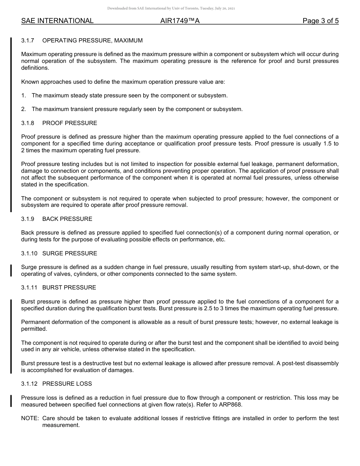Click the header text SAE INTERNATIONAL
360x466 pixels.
point(57,21)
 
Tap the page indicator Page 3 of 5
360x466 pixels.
point(320,21)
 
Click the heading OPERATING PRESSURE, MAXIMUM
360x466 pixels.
point(92,41)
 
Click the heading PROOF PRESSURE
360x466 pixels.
point(70,123)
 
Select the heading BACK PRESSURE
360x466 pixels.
point(67,219)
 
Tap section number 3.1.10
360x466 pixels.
point(29,253)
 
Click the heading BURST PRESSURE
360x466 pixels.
point(69,288)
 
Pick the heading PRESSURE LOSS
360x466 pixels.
point(67,384)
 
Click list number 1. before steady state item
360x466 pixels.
point(24,95)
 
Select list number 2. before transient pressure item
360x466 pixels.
point(24,109)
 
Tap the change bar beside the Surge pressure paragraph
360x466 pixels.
point(11,271)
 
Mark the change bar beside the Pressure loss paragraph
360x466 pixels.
point(11,401)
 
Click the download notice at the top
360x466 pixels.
point(171,8)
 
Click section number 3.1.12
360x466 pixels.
point(29,384)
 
